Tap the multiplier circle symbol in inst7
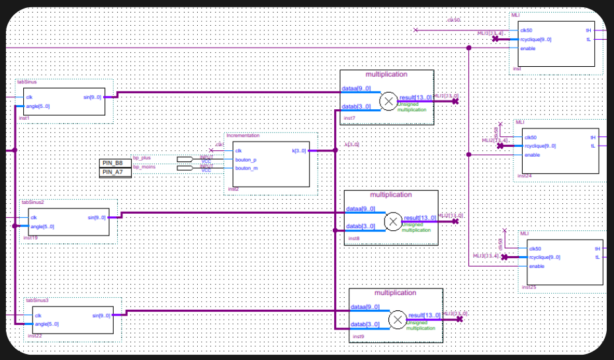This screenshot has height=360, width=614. click(388, 101)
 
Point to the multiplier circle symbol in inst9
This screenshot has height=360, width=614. click(397, 319)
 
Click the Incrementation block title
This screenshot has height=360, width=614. click(243, 136)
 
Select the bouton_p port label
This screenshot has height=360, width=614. click(245, 159)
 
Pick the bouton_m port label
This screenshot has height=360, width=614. click(245, 168)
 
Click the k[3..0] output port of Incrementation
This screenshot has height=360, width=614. click(299, 151)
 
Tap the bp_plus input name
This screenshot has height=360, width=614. click(142, 158)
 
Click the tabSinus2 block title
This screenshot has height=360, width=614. click(32, 202)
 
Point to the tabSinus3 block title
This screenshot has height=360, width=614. click(37, 300)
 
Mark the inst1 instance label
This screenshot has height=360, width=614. click(24, 118)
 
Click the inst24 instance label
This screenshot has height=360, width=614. click(524, 176)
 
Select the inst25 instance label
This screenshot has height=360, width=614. click(529, 287)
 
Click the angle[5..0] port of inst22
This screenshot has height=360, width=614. click(47, 324)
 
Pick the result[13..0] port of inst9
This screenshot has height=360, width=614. click(425, 316)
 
